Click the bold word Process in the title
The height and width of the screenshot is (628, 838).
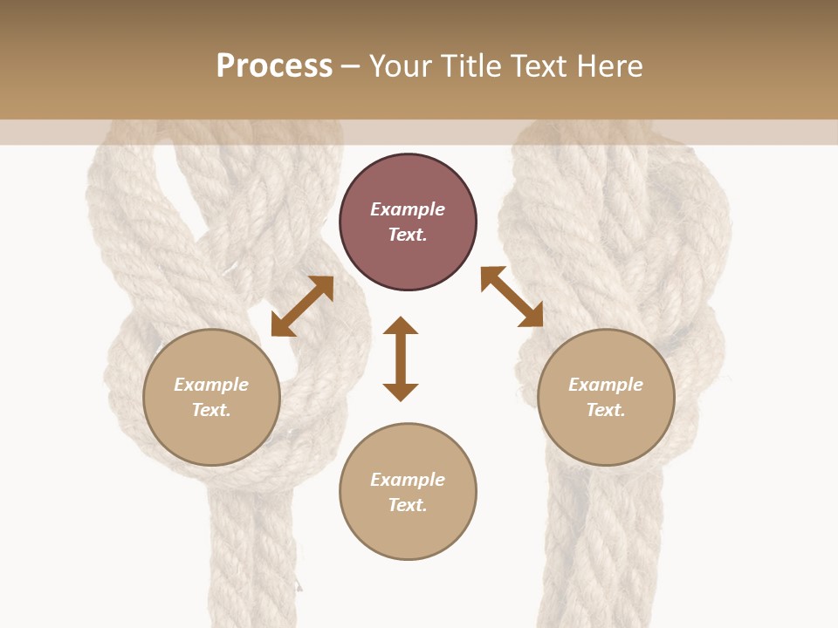(x=274, y=66)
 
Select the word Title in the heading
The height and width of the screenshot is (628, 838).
(x=469, y=66)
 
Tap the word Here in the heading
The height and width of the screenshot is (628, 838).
(x=608, y=66)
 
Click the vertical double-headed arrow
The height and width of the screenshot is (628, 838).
(x=401, y=358)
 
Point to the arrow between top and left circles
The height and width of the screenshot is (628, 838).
(x=302, y=306)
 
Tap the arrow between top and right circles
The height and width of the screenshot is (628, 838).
(x=512, y=297)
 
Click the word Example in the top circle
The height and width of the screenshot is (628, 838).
(x=408, y=209)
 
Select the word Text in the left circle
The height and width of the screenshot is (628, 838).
(x=211, y=410)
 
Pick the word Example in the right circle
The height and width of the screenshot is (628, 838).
(x=606, y=385)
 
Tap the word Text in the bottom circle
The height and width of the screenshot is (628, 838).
(x=408, y=505)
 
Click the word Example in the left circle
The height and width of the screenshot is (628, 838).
(x=211, y=385)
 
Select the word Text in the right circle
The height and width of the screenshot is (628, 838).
(x=606, y=410)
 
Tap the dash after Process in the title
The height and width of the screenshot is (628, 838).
(x=351, y=66)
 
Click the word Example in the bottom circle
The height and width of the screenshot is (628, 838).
(x=408, y=480)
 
